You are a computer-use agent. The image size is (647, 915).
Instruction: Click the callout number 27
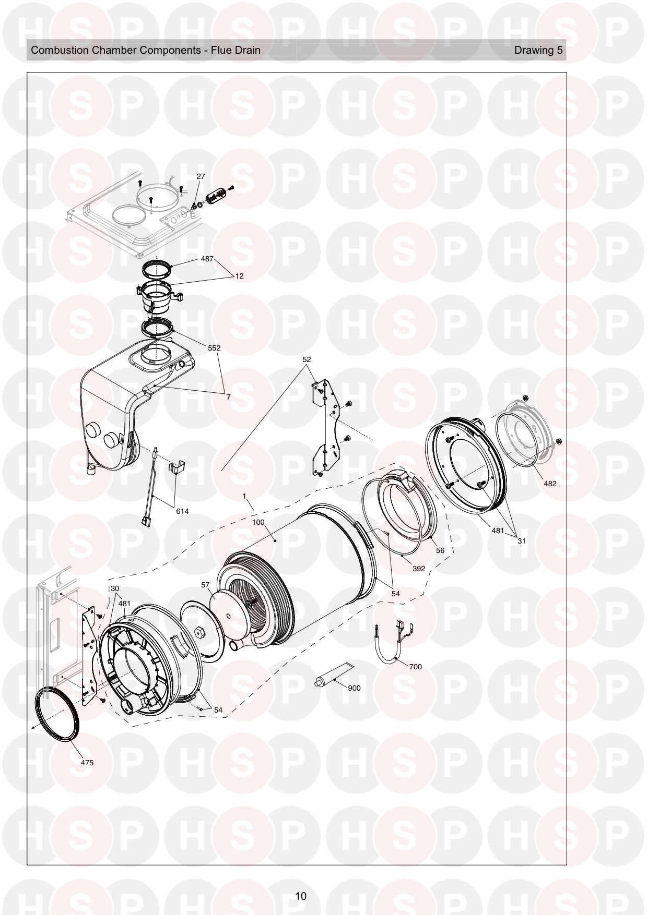tap(201, 177)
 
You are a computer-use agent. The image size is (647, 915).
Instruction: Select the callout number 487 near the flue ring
tap(207, 259)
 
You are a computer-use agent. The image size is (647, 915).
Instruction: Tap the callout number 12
tap(239, 276)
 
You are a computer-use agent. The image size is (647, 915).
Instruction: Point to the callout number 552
tap(214, 348)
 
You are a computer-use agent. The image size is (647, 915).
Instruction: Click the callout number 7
tap(228, 397)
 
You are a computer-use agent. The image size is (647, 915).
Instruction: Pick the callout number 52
tap(307, 359)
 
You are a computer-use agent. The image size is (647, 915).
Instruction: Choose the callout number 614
tap(182, 511)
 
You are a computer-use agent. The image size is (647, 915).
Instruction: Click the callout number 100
tap(258, 522)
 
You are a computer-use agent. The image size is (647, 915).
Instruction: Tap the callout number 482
tap(550, 484)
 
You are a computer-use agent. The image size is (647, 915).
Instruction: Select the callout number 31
tap(521, 541)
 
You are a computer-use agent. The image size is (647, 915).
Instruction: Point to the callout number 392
tap(418, 569)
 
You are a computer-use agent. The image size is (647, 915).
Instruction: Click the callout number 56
tap(440, 550)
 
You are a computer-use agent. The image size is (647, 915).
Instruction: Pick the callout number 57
tap(206, 585)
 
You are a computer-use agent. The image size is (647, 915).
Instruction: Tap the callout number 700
tap(415, 667)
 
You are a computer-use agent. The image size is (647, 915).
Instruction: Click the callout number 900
tap(354, 688)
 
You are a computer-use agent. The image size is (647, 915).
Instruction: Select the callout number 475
tap(87, 763)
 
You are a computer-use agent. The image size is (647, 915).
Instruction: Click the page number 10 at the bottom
tap(300, 897)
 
